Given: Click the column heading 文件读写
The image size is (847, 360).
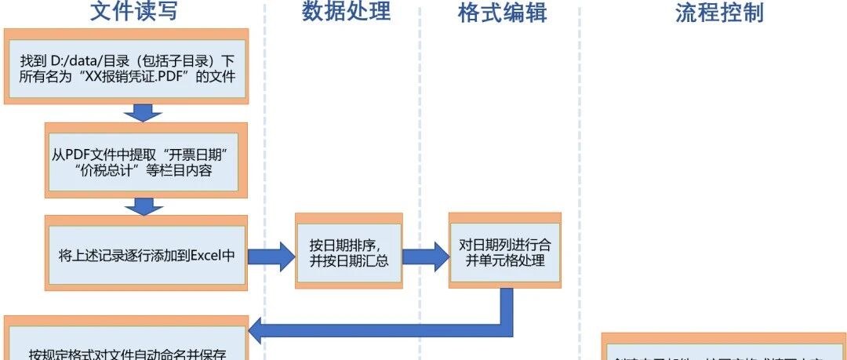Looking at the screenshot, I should [x=133, y=12].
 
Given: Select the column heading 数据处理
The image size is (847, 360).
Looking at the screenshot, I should [x=346, y=12].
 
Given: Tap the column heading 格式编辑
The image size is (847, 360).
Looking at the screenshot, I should [x=502, y=13].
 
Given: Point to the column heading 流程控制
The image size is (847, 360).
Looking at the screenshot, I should [x=718, y=13].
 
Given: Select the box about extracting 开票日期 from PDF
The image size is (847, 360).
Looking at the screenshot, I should [x=146, y=159].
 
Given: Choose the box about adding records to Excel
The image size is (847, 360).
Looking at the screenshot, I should [x=147, y=255].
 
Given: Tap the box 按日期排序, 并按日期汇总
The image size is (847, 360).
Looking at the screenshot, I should [x=348, y=251].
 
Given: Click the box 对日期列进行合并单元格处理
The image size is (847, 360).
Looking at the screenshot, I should [x=504, y=251].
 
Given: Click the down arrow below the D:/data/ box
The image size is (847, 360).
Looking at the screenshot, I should [x=142, y=112].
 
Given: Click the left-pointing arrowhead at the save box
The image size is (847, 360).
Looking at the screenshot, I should [x=262, y=329].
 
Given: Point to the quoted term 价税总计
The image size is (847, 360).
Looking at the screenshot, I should [x=111, y=169].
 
